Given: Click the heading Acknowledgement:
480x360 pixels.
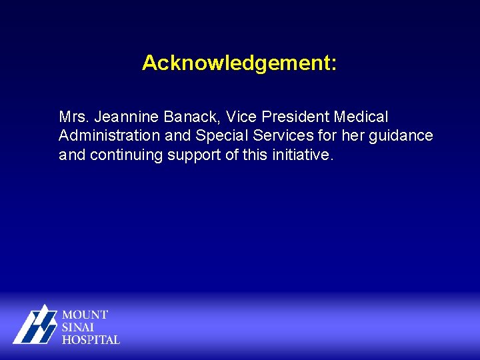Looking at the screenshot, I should click(x=239, y=63).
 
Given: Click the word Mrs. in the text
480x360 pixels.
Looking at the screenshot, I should click(x=74, y=117).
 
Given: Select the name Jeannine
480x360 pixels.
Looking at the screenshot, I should click(x=126, y=117).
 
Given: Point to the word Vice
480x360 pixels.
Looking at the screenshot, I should click(x=241, y=117).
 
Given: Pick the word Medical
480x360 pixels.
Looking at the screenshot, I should click(x=361, y=117).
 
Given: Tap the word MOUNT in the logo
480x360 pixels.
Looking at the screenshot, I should click(x=85, y=315).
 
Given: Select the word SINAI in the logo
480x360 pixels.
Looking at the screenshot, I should click(x=79, y=327).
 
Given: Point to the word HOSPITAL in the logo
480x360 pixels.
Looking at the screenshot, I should click(x=91, y=339).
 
